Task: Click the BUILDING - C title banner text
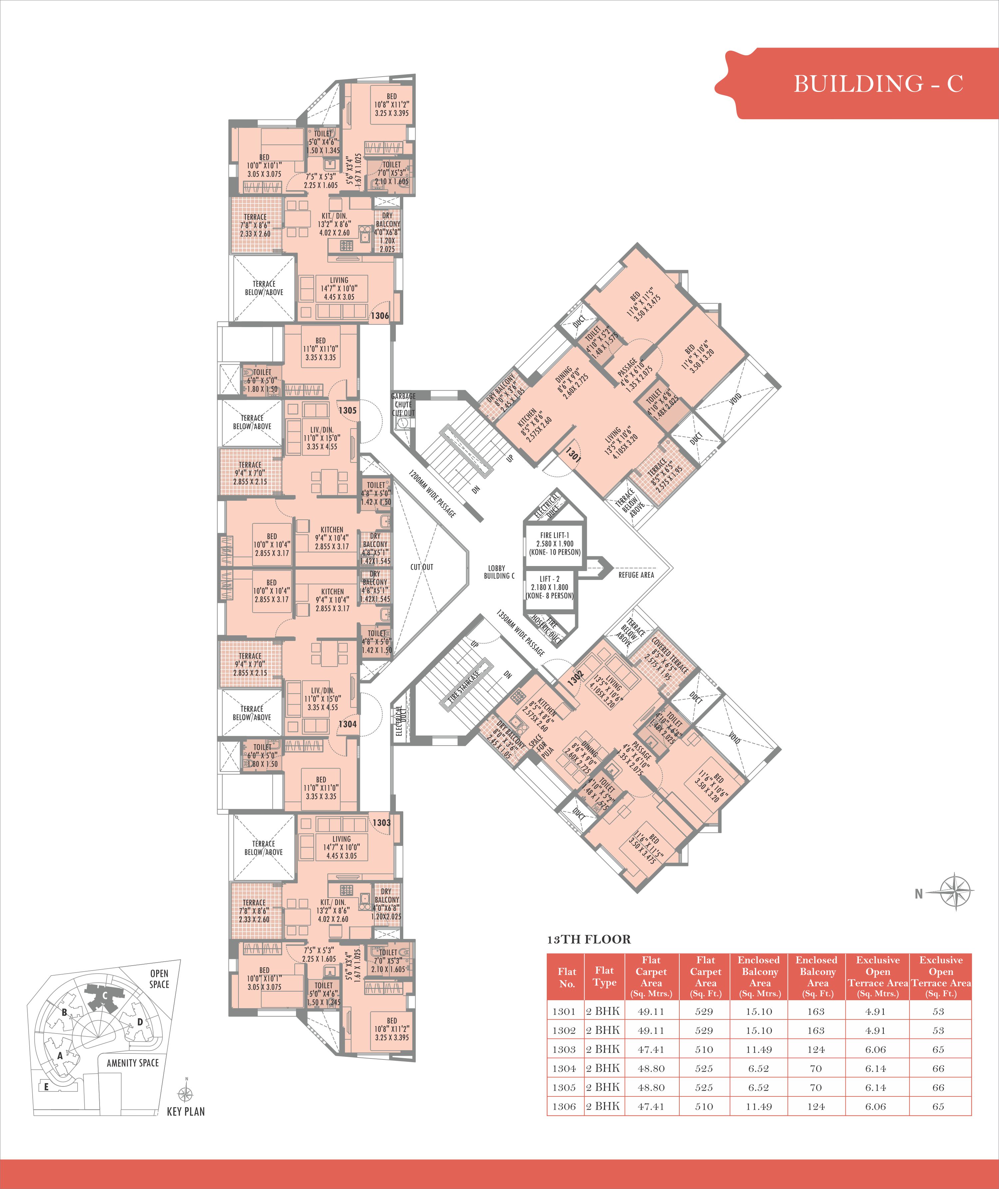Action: (x=878, y=84)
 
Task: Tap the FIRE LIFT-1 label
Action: (x=554, y=535)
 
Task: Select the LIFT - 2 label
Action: (x=549, y=579)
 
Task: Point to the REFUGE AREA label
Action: (x=636, y=575)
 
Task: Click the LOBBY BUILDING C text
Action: (x=499, y=572)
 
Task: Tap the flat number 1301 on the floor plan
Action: (x=573, y=454)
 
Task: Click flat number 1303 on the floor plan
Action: (x=382, y=823)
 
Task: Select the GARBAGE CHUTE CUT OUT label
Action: (x=403, y=404)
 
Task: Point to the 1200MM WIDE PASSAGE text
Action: (x=432, y=492)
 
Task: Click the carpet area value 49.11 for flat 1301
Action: (x=651, y=1011)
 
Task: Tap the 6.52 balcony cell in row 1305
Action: (x=759, y=1087)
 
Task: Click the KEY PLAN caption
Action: (x=186, y=1111)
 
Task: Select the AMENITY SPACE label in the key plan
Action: (x=133, y=1063)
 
